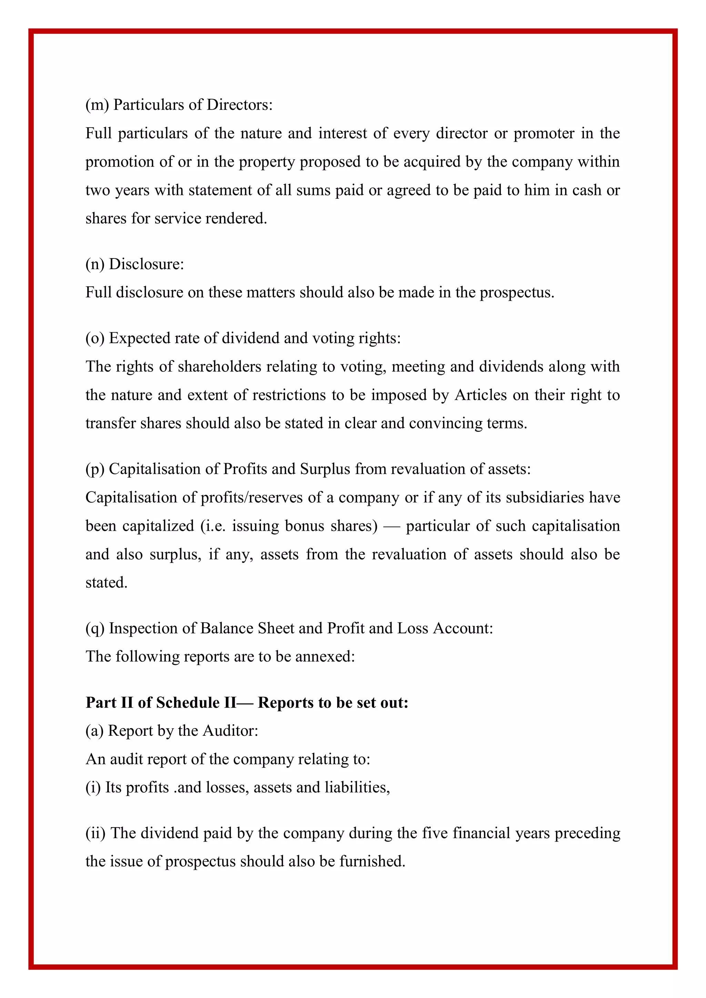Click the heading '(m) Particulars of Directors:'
(x=179, y=105)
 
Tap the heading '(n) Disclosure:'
(x=135, y=264)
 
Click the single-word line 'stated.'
(x=107, y=583)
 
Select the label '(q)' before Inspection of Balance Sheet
(x=95, y=629)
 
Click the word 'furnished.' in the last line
(x=372, y=862)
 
